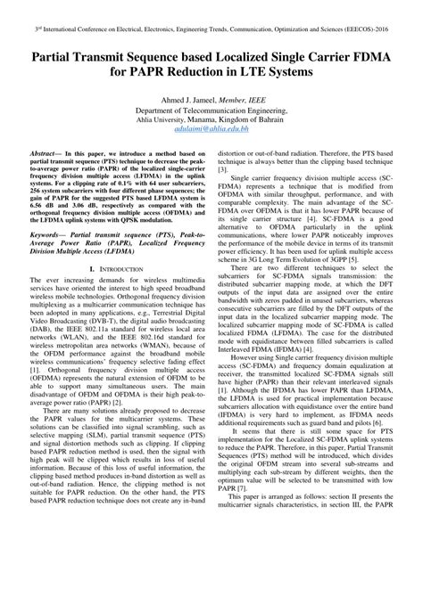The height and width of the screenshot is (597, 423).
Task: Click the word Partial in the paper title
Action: (61, 55)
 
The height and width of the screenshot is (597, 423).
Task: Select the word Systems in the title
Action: (356, 72)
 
